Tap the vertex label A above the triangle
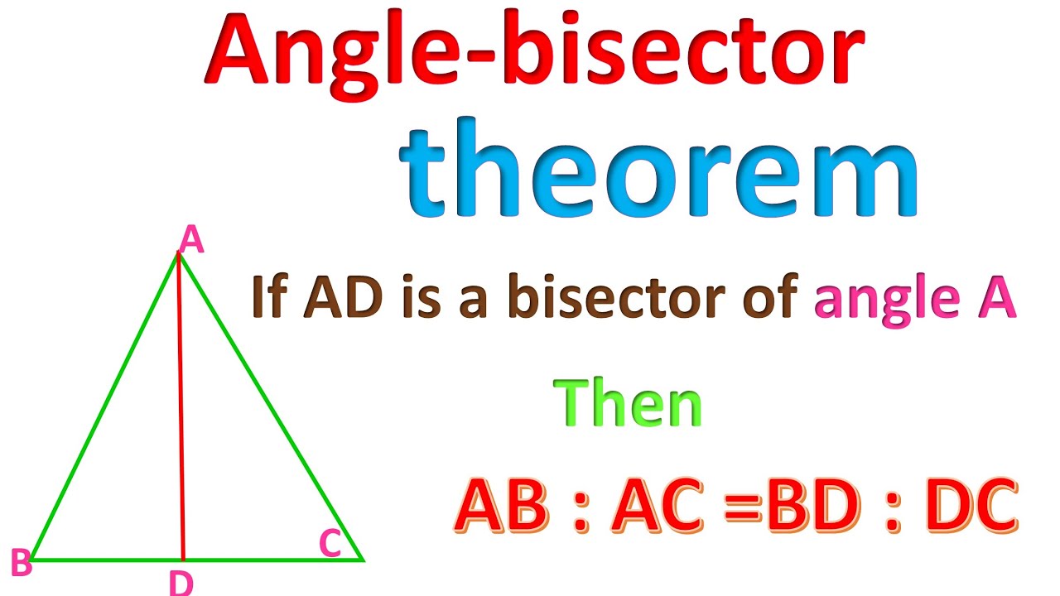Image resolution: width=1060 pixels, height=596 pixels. point(191,241)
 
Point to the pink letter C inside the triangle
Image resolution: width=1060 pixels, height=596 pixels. point(330,544)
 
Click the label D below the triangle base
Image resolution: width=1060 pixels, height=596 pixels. point(181,583)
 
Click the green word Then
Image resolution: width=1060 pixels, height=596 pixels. point(631,403)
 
